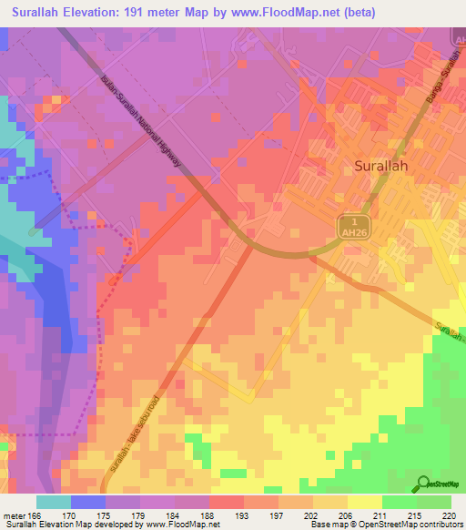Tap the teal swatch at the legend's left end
pos(53,502)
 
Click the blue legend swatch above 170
pos(88,502)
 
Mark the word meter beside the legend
pos(13,516)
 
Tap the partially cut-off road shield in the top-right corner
pos(458,39)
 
